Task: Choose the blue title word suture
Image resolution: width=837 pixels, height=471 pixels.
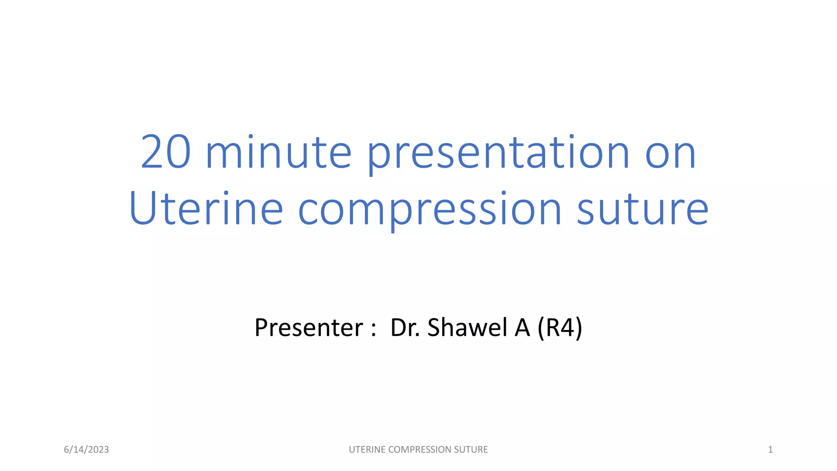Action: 642,209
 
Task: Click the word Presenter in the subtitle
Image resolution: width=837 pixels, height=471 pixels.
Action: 309,327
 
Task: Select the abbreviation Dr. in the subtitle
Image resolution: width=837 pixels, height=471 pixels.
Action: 405,327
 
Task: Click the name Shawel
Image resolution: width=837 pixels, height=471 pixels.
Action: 467,327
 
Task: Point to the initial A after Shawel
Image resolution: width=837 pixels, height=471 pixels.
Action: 522,327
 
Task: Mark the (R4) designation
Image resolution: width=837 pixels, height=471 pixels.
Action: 560,327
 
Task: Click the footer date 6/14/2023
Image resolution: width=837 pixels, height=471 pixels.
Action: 86,450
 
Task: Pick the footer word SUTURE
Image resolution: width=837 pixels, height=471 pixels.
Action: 471,450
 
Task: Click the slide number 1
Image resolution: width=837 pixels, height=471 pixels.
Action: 770,450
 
